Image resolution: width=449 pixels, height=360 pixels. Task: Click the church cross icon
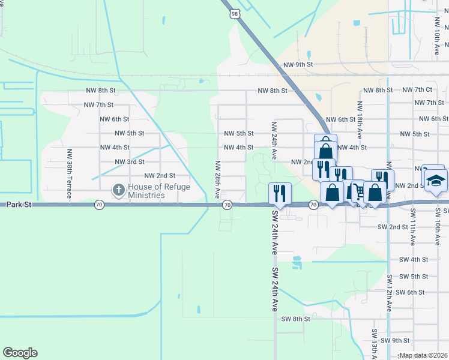point(119,191)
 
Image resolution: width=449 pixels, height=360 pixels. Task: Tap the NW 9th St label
point(298,64)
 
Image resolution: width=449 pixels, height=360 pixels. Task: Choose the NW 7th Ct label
point(418,89)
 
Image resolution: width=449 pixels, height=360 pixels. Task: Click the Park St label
point(19,205)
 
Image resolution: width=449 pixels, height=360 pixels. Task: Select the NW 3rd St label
point(130,162)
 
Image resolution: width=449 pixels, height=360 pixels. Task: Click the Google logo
point(20,353)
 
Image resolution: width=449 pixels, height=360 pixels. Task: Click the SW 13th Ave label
point(374,343)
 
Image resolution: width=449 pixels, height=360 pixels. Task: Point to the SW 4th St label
point(414,260)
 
